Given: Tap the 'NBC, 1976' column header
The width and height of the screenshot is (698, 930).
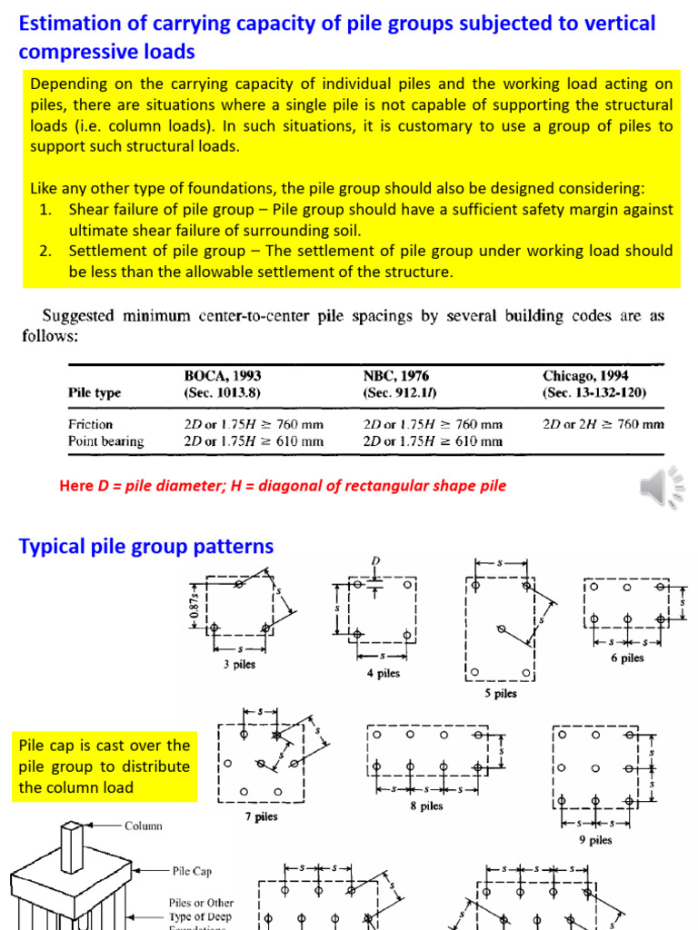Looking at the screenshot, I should [396, 375].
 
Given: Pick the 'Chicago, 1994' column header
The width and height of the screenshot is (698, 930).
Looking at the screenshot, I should [585, 375].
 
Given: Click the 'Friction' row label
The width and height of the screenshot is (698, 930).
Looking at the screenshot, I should [91, 424].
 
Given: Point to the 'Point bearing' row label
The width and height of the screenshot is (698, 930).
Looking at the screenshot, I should [106, 440].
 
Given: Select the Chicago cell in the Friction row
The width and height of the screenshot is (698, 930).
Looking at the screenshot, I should [603, 424].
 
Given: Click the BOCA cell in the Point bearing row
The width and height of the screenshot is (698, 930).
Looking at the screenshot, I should [254, 440].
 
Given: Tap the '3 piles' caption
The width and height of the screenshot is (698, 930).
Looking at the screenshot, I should [239, 664].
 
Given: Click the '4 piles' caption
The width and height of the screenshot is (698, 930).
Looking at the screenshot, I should [383, 673].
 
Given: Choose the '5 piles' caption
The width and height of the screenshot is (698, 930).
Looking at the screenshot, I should [500, 693].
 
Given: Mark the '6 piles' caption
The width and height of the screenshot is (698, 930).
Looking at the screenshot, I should [627, 658].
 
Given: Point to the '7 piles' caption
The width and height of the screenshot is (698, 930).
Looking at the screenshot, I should [262, 816].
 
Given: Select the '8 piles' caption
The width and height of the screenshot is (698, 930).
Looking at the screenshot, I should [426, 806].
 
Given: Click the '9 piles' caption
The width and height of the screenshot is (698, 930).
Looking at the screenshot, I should [595, 840].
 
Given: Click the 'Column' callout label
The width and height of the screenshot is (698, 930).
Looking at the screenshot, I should [144, 826].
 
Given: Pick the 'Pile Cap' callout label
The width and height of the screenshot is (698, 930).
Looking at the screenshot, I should [192, 870].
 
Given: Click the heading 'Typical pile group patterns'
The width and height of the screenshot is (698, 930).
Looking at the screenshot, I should [146, 547].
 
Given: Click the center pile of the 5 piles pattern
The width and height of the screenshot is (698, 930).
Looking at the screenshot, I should [499, 628].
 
